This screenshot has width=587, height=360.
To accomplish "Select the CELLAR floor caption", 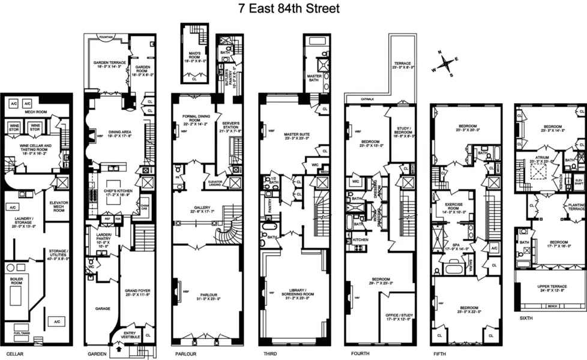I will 11,354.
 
